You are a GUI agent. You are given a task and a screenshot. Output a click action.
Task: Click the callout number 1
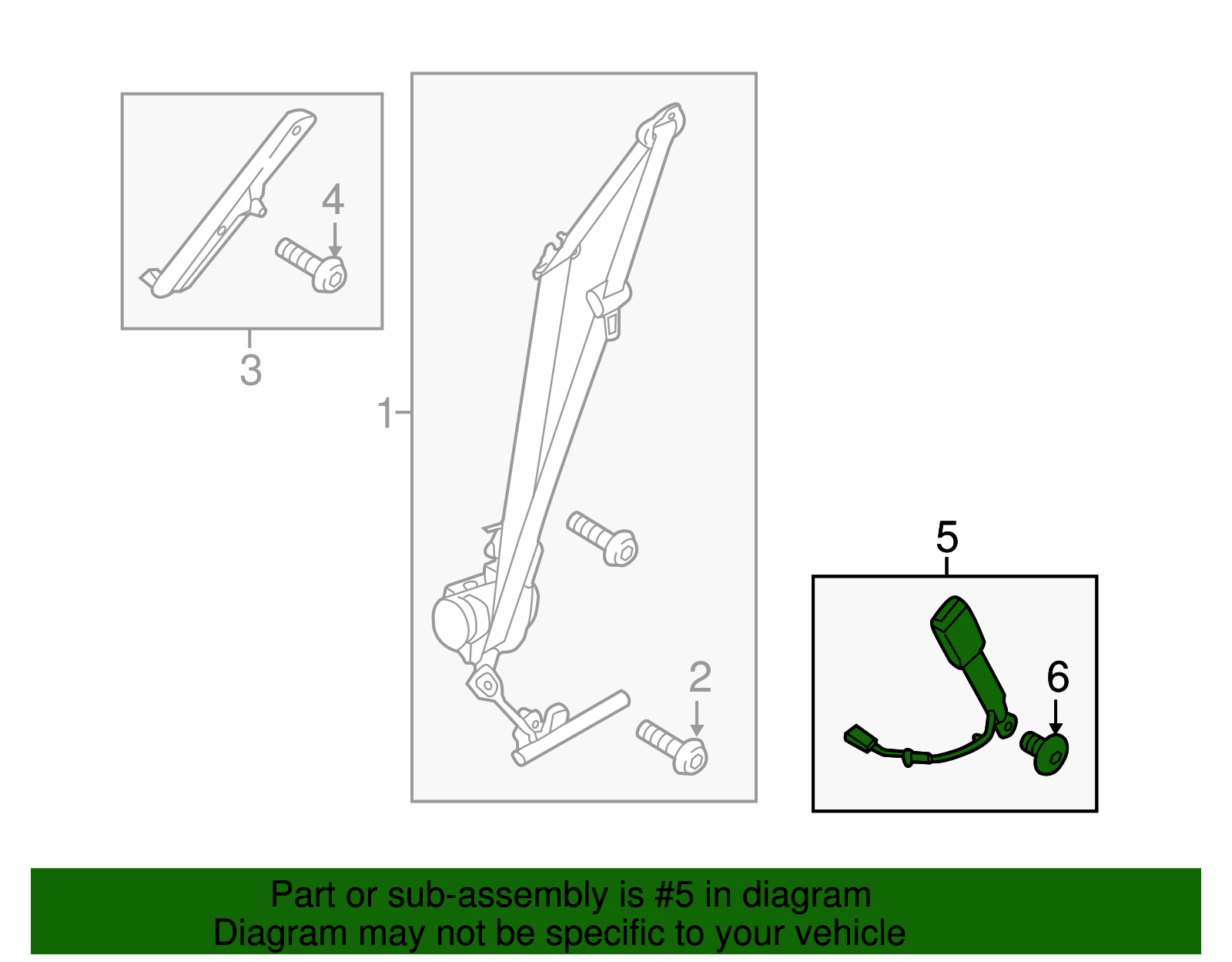tap(385, 413)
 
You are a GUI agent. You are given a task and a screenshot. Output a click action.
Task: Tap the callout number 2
tap(700, 678)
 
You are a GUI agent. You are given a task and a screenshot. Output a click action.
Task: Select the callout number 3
tap(250, 370)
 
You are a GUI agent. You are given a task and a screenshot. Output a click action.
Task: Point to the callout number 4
tap(333, 199)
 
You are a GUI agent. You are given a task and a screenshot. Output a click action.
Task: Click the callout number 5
tap(947, 538)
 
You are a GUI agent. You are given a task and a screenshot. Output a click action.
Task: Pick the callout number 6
tap(1058, 677)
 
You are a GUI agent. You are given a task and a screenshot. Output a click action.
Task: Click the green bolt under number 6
tap(1044, 752)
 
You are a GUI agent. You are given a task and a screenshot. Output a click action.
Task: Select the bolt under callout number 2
tap(672, 747)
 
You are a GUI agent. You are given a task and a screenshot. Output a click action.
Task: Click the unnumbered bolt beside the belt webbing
tap(602, 538)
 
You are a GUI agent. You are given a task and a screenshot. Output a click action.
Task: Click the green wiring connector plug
tap(860, 739)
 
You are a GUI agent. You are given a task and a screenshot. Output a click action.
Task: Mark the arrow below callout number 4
tap(335, 240)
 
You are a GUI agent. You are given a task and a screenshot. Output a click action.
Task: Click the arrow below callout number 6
tap(1055, 718)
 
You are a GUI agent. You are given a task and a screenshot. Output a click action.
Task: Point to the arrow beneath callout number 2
tap(697, 719)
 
